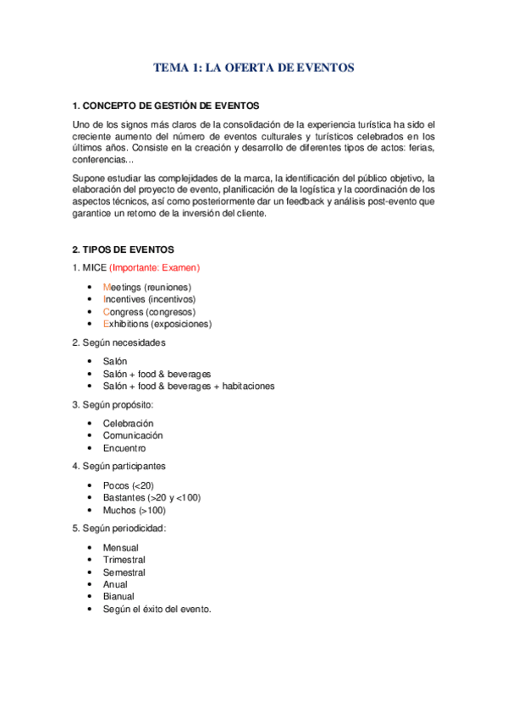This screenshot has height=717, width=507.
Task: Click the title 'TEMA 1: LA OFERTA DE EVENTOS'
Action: [253, 68]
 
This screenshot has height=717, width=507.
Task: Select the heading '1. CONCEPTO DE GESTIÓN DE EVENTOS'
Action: [166, 106]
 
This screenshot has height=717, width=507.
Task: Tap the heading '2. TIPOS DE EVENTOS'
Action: [123, 249]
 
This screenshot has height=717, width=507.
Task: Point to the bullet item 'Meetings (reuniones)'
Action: [146, 287]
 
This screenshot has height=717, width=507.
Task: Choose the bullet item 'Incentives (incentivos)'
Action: [149, 299]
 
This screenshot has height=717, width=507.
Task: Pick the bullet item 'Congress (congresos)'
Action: [149, 312]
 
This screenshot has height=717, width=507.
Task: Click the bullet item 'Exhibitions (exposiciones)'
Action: [157, 324]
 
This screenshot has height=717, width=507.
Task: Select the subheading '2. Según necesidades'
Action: [118, 342]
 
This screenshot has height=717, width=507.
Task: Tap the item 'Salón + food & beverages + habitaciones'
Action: [188, 386]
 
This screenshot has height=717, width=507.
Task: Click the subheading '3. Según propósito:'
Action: [113, 404]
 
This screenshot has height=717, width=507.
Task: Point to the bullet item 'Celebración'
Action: [128, 424]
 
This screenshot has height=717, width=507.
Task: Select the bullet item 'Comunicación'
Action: [132, 435]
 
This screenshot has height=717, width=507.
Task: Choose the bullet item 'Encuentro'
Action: [124, 448]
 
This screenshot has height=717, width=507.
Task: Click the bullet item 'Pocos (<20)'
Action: [128, 485]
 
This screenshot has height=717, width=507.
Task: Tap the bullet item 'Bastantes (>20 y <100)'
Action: [152, 498]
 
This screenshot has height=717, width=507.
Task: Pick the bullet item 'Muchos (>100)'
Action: [134, 511]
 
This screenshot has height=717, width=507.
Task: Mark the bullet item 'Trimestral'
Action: [124, 560]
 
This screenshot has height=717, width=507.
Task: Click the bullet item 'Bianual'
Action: [118, 597]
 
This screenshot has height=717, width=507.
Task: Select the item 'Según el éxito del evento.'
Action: [157, 609]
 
